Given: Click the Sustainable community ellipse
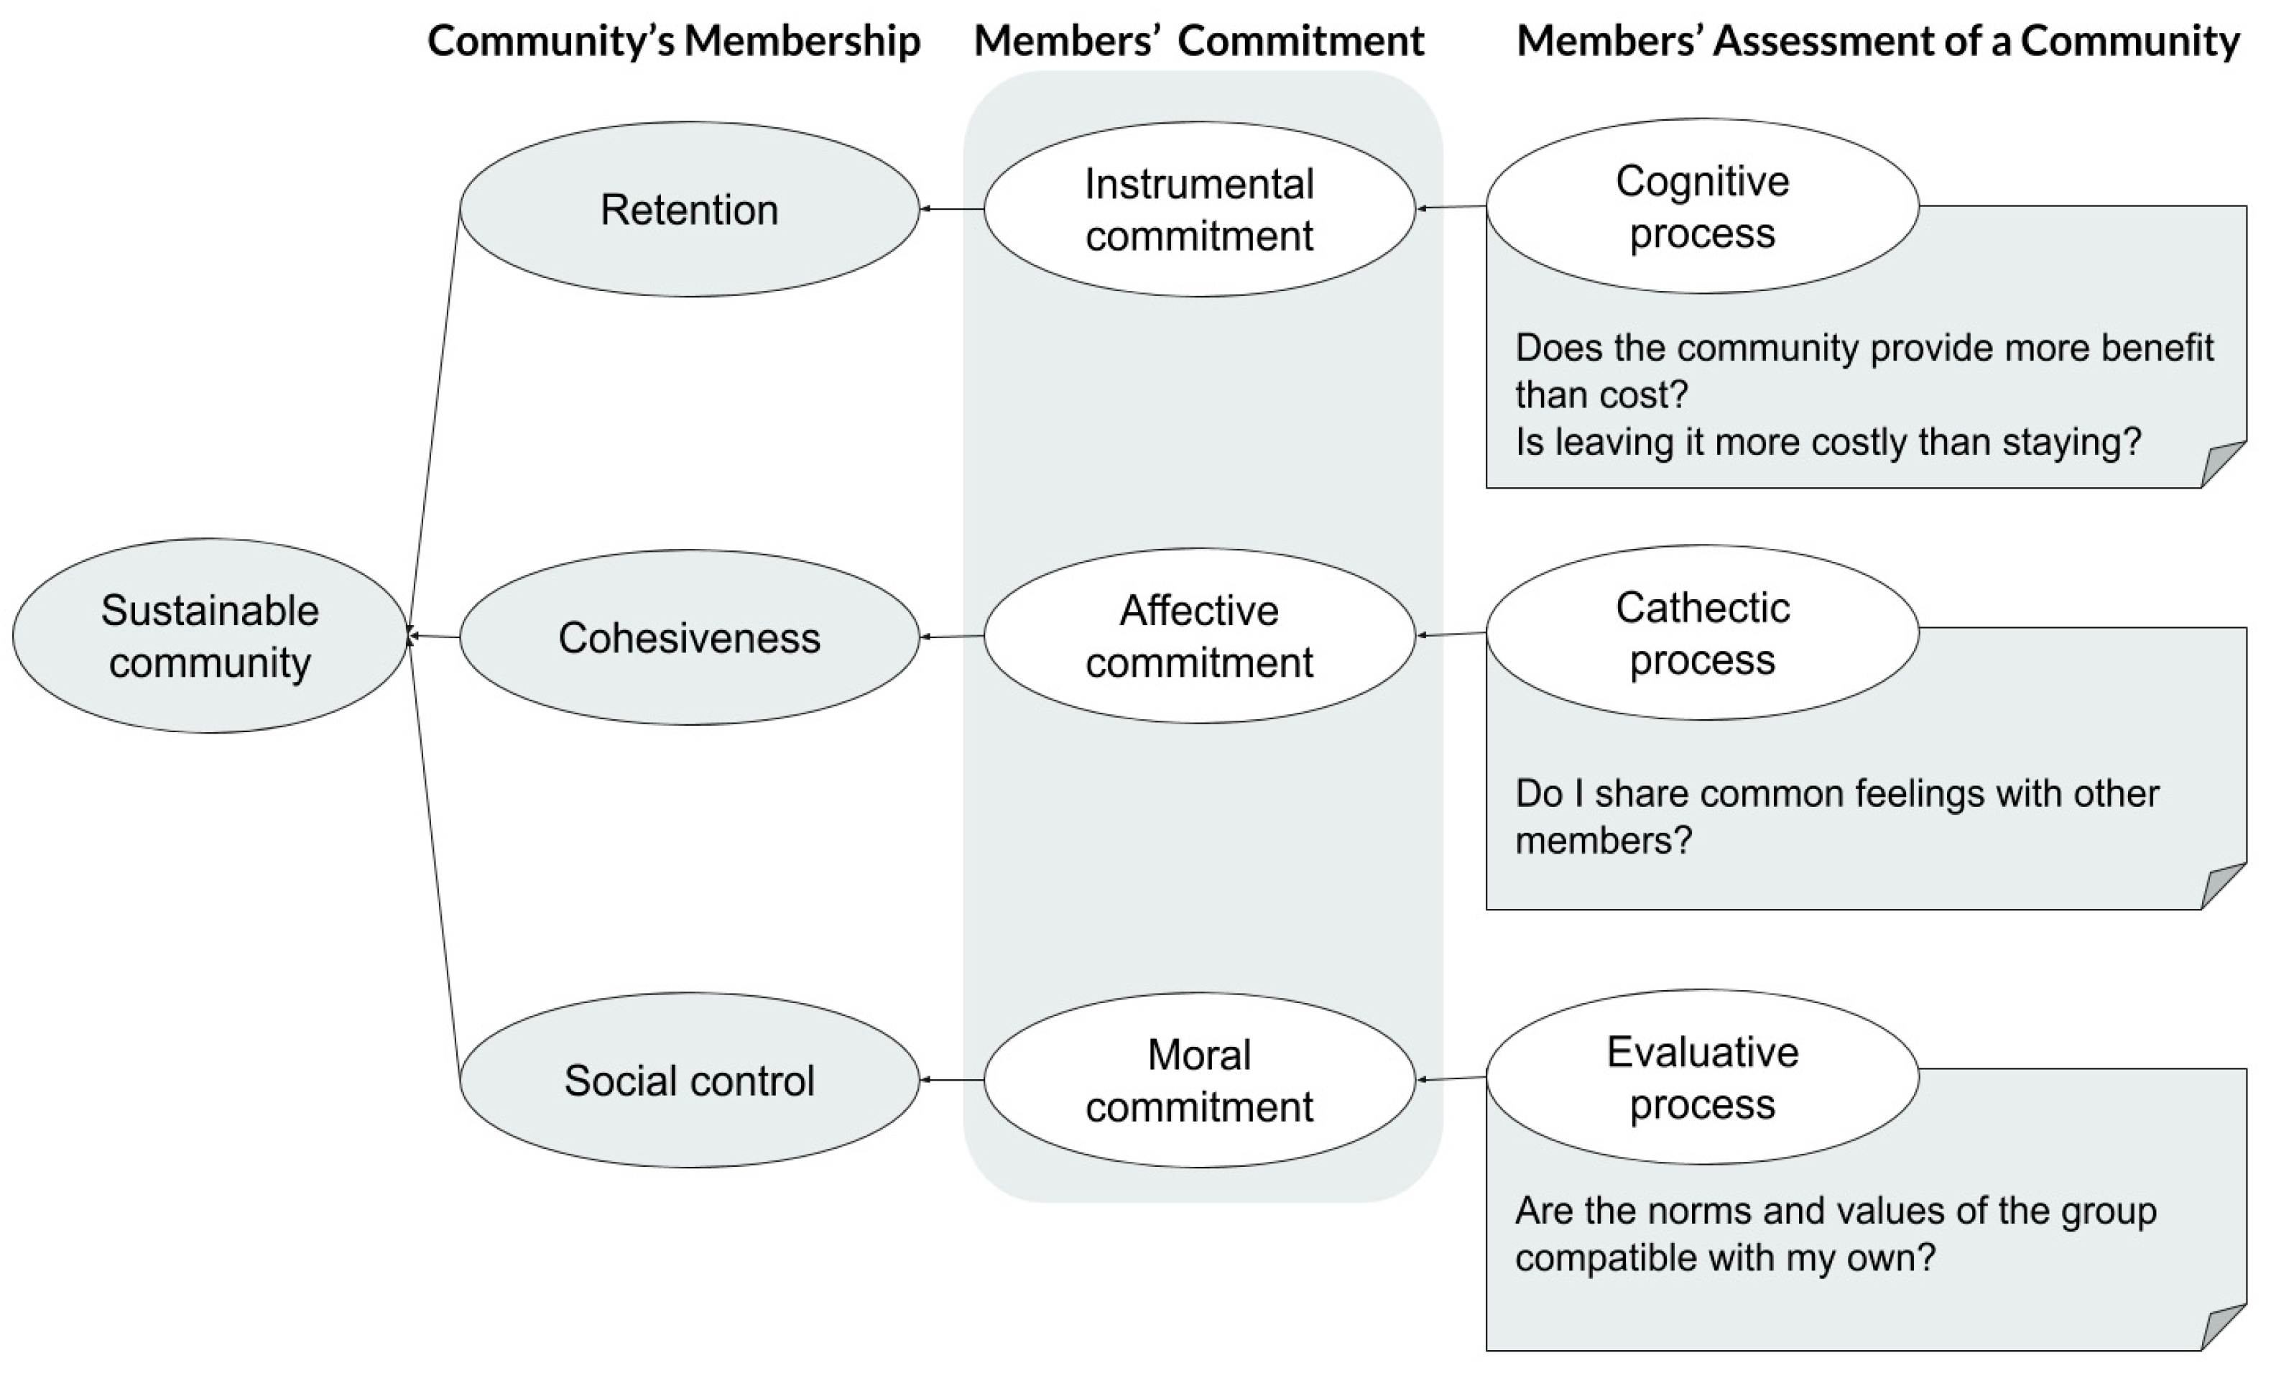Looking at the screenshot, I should coord(211,637).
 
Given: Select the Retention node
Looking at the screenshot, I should coord(689,209).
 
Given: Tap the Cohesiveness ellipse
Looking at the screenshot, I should coord(689,637).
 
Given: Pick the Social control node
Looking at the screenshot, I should coord(689,1081).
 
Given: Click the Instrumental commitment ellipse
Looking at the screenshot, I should coord(1199,209).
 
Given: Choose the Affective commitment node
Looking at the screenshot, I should coord(1199,637).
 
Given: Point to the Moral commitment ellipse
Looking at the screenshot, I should coord(1199,1081).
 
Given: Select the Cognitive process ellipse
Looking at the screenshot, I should coord(1703,205).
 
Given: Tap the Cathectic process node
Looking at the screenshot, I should coord(1703,633).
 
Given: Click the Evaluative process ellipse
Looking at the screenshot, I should coord(1703,1078).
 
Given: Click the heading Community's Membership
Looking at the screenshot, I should coord(673,42).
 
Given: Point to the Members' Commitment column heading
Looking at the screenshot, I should coord(1199,42).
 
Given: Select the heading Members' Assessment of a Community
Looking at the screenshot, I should coord(1877,42).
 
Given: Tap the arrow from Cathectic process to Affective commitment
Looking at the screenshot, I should coord(1451,634).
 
